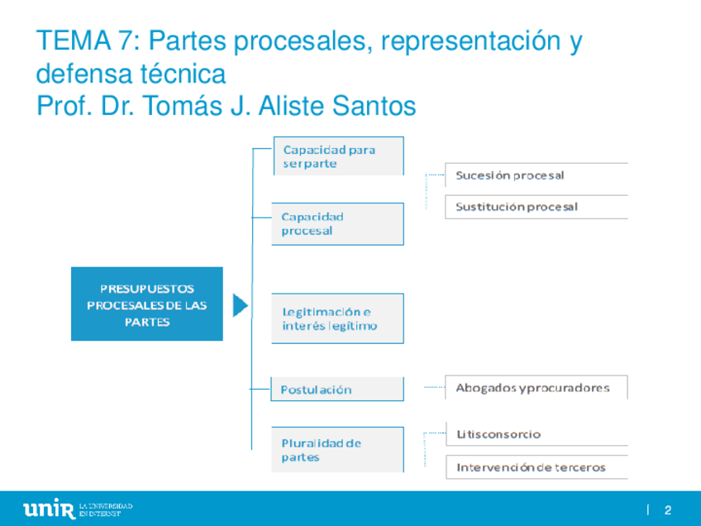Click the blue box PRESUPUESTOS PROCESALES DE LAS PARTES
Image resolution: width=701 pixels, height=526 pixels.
point(147,304)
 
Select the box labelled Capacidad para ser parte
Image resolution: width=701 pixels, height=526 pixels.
point(338,156)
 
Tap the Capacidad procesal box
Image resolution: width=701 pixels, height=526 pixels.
point(338,224)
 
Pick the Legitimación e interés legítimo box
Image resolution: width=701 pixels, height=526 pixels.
point(338,318)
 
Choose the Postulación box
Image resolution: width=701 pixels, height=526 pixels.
point(338,390)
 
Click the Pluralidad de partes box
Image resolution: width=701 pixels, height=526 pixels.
point(338,449)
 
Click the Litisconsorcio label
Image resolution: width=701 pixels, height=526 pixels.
point(498,434)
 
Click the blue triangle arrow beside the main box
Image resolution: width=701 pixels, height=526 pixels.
point(240,305)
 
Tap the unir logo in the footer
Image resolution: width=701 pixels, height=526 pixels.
point(50,508)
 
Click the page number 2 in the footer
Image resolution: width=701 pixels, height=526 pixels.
point(667,509)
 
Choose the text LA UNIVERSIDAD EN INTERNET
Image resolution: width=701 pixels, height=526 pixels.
point(106,509)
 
